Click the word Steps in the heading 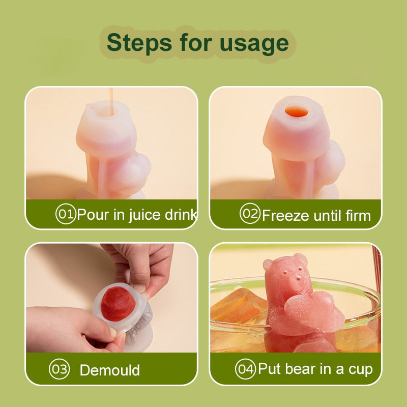click(139, 43)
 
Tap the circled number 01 click(66, 214)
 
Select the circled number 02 click(250, 213)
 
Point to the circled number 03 click(59, 369)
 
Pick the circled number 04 click(245, 369)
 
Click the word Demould click(109, 370)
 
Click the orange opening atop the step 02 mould click(297, 111)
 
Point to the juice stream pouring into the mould click(111, 101)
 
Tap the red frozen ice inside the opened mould click(118, 304)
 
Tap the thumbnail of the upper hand click(139, 288)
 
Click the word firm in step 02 click(358, 215)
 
